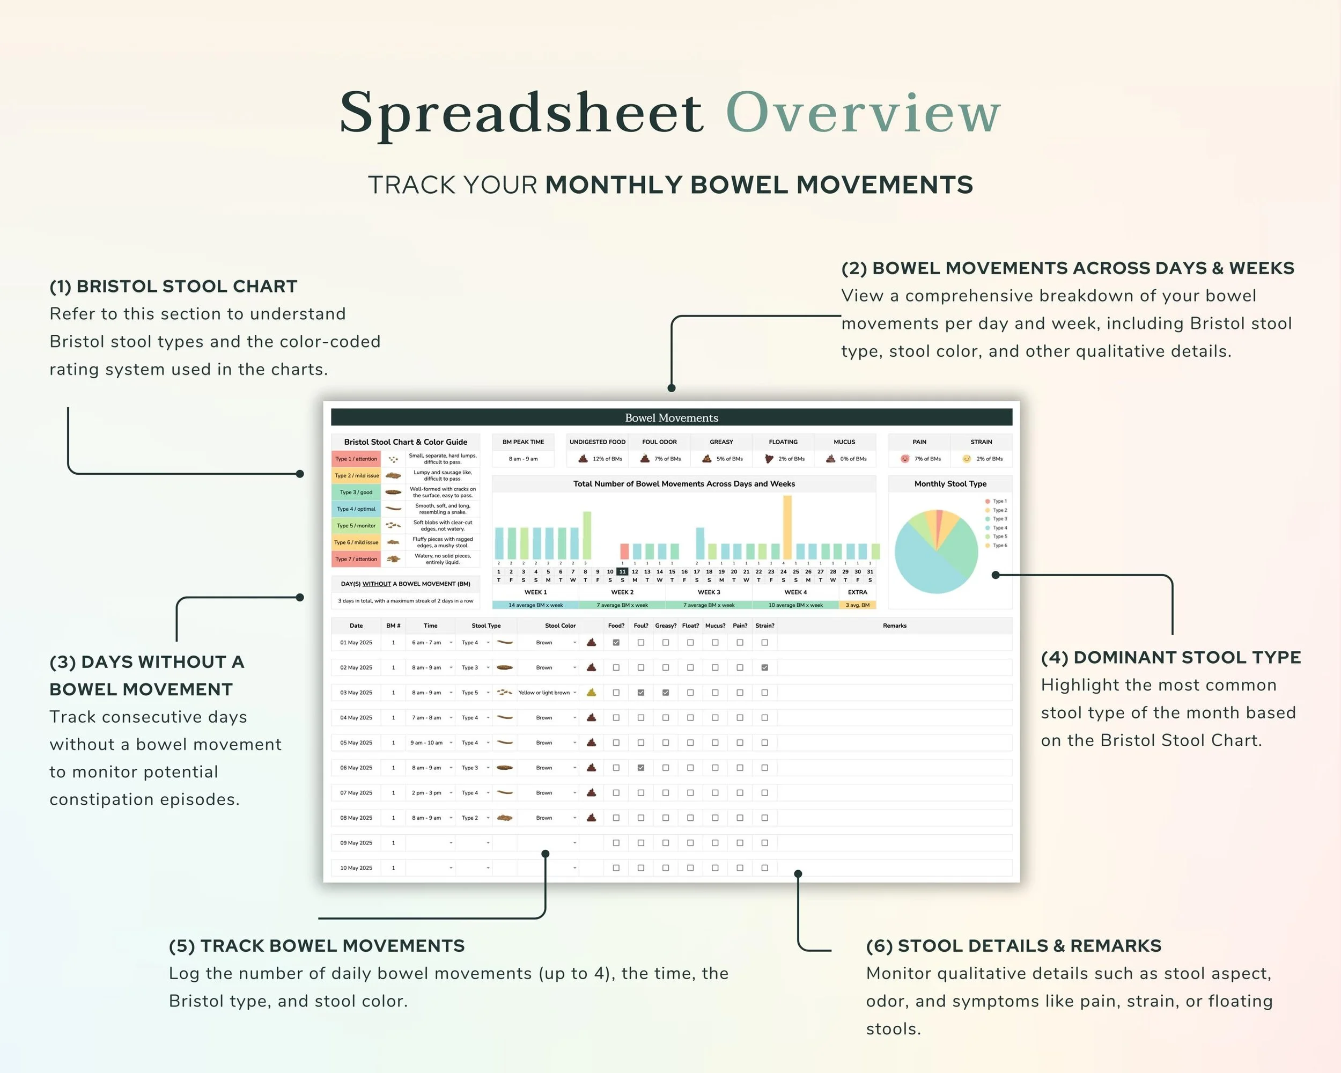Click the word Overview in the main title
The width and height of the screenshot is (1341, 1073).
point(863,113)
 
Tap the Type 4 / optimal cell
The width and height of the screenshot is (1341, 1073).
point(356,509)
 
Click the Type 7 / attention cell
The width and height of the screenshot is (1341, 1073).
point(356,559)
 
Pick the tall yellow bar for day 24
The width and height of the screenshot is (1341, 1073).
point(787,527)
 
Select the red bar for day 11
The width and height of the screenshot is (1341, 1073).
point(624,551)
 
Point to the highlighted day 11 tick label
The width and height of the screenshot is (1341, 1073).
point(622,572)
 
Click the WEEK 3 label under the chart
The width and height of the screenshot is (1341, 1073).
point(709,592)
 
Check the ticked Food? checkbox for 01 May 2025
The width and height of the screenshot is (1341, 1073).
point(616,643)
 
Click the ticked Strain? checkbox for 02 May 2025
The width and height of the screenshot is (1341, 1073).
point(764,667)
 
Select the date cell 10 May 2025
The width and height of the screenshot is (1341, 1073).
point(356,868)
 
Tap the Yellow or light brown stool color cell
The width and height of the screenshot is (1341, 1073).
point(544,692)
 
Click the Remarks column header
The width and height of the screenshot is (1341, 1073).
point(894,626)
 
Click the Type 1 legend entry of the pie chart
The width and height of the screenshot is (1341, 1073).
point(999,501)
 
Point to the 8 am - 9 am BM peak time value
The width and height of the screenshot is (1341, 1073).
point(523,459)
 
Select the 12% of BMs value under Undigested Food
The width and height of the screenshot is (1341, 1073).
point(607,459)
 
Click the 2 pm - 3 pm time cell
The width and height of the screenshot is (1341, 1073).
point(426,792)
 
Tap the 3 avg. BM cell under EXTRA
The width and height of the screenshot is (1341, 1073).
point(857,605)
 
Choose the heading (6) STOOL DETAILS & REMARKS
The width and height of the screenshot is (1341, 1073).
point(1013,946)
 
